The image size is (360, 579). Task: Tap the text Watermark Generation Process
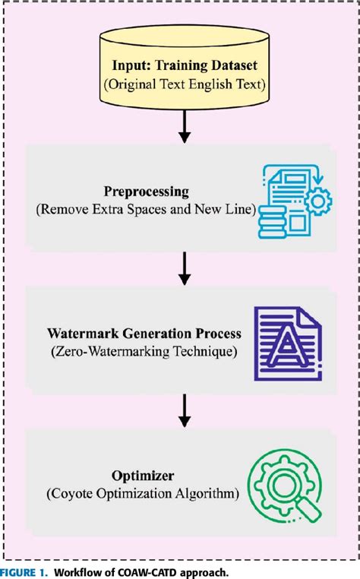coord(144,334)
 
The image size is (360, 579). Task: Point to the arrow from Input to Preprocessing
coord(183,127)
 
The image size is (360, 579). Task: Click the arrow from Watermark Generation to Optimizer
coord(183,411)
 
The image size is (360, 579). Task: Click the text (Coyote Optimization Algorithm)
coord(143,494)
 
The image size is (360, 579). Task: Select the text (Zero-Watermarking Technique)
coord(144,351)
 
